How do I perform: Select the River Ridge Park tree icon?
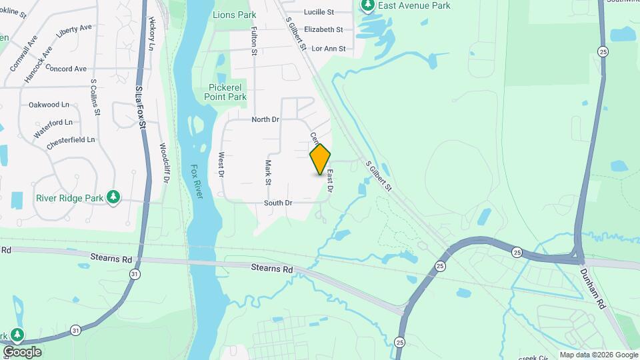114,197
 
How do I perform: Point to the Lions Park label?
234,15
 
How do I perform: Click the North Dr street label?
265,119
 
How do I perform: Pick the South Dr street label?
278,203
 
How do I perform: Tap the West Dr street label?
221,165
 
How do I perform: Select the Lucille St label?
319,12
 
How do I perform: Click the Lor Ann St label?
329,49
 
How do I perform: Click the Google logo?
21,352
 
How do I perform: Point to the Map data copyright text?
599,355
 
